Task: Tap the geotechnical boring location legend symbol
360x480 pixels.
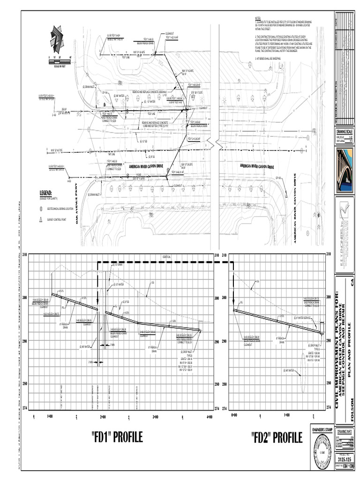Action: point(41,208)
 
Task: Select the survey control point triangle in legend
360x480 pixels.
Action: point(41,219)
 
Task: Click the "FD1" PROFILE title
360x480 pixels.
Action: point(117,437)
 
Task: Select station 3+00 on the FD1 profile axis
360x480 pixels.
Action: point(156,416)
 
